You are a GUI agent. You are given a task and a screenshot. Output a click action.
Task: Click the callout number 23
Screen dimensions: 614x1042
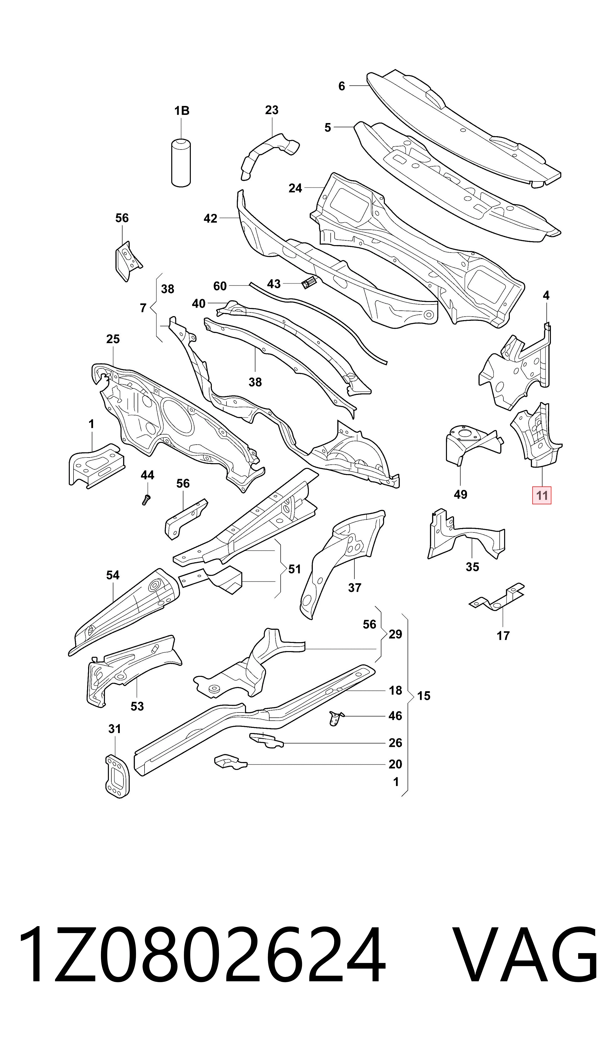pos(272,110)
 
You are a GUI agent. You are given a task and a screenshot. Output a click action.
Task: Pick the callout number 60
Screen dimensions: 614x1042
pos(220,286)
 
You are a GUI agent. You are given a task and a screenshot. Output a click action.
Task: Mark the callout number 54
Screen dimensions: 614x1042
pos(113,575)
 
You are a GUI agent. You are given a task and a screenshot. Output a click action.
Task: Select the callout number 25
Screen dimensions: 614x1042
pos(113,339)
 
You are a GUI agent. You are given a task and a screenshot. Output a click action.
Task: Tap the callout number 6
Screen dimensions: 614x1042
pos(341,86)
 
